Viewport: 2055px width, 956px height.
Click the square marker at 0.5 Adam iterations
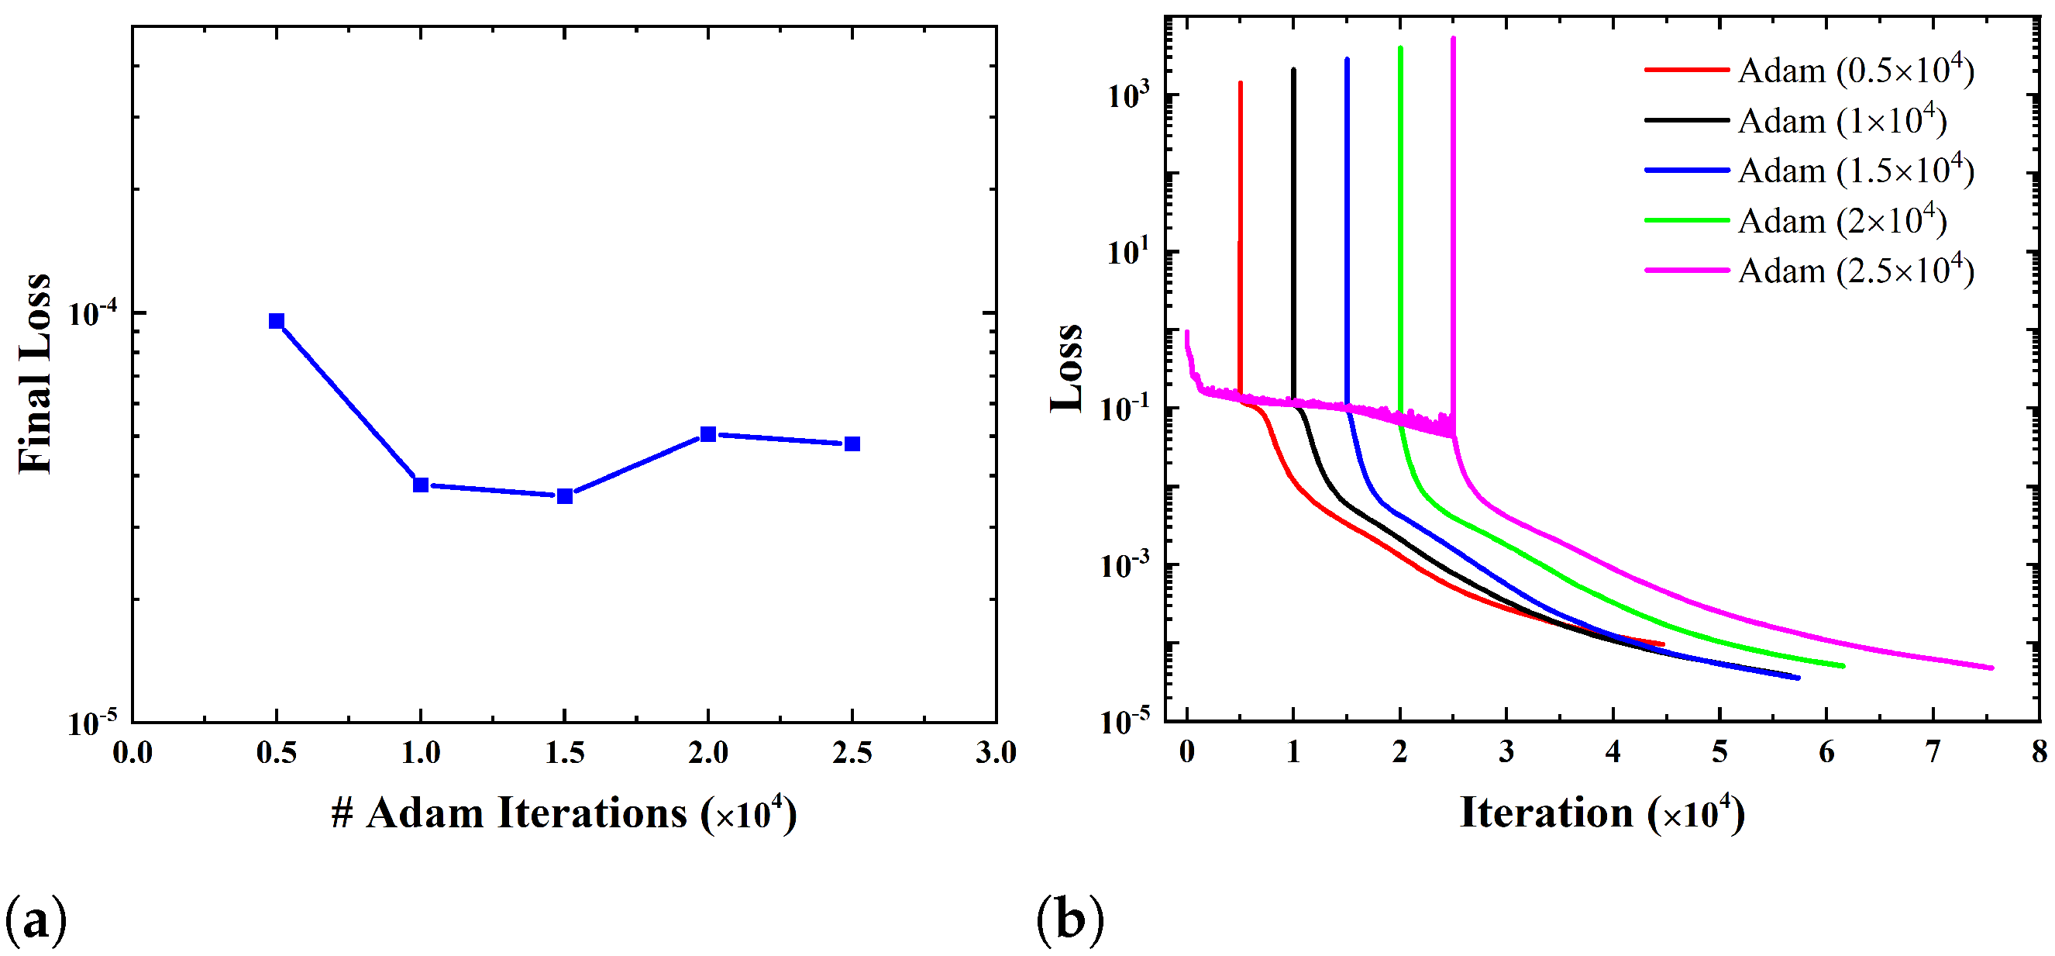276,321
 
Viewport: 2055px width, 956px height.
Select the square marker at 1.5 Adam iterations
564,496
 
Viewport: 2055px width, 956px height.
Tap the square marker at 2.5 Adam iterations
852,443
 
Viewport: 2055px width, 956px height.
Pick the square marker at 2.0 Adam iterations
707,434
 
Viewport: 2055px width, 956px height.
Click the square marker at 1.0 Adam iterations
421,485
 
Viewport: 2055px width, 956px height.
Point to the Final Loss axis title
34,374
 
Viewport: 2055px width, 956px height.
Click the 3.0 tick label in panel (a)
996,753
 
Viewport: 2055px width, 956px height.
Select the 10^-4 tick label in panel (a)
91,312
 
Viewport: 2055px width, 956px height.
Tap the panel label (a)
36,920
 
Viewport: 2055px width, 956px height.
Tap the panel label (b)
1070,919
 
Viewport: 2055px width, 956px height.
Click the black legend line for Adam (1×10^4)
1685,120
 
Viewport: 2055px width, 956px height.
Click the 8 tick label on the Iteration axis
2039,752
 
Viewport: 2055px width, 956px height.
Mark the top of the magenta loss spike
1453,38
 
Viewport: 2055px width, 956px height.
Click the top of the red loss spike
1241,83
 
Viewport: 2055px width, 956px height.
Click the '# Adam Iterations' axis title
563,814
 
